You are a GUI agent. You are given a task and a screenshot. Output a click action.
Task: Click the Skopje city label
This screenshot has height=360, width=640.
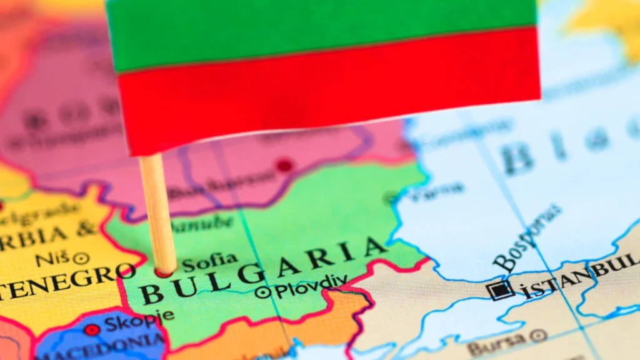[x=131, y=324]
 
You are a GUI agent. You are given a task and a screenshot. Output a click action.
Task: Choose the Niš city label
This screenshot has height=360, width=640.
[x=52, y=259]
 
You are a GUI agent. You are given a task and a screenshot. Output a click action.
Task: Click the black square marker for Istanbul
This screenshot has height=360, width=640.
[x=501, y=289]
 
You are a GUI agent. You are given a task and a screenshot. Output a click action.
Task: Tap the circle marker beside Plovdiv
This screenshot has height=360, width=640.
[x=264, y=292]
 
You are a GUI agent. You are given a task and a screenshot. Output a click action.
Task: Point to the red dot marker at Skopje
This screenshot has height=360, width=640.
[x=92, y=329]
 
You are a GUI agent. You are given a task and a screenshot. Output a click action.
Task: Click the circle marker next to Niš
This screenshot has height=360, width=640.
[x=81, y=258]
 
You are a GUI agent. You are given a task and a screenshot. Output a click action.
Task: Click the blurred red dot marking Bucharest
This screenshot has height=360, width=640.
[x=284, y=166]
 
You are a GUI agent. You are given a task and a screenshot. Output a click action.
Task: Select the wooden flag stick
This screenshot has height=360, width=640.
[x=157, y=212]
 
